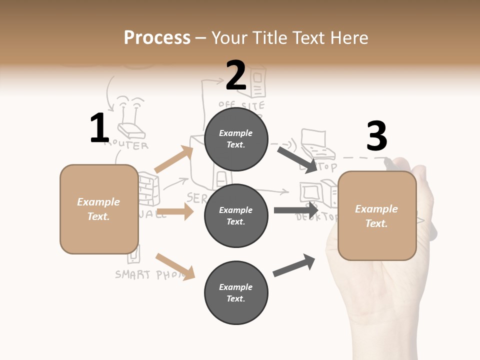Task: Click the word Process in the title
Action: click(157, 37)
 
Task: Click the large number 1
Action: click(99, 128)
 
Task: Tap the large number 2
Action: click(236, 75)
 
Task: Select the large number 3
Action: click(376, 136)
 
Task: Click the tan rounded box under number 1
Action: click(99, 209)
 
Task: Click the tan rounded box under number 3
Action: click(377, 216)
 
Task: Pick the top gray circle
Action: click(236, 139)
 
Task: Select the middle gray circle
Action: click(236, 216)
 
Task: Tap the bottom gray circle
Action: click(236, 293)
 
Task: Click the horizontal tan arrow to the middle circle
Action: click(175, 211)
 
